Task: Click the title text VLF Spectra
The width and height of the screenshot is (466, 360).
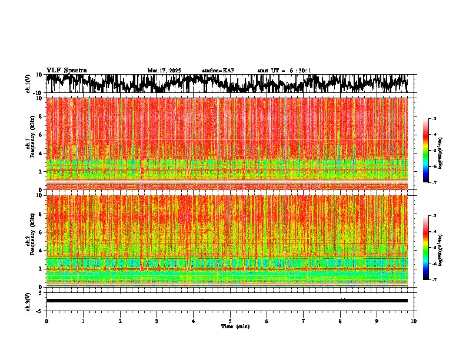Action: [x=66, y=70]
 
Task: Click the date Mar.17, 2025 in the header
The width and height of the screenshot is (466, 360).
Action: [x=164, y=71]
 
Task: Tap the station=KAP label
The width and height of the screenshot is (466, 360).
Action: [x=218, y=71]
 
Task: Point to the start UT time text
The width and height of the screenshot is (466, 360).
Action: [x=284, y=71]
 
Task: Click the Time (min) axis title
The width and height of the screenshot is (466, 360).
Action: [x=230, y=326]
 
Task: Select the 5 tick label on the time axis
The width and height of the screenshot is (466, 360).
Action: [x=230, y=321]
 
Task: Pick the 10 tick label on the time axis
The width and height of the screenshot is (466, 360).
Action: [x=414, y=321]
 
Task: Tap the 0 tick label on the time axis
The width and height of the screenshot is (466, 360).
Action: [x=46, y=321]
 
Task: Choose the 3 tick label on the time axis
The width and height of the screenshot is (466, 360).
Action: [x=157, y=321]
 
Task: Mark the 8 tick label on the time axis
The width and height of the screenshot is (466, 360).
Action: [x=340, y=321]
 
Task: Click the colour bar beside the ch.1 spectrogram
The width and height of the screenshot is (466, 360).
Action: [x=432, y=151]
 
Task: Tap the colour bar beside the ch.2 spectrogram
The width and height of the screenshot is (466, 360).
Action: [x=432, y=248]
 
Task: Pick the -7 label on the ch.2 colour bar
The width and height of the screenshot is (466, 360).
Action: [x=440, y=280]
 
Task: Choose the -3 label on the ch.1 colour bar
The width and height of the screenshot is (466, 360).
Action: [x=440, y=119]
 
